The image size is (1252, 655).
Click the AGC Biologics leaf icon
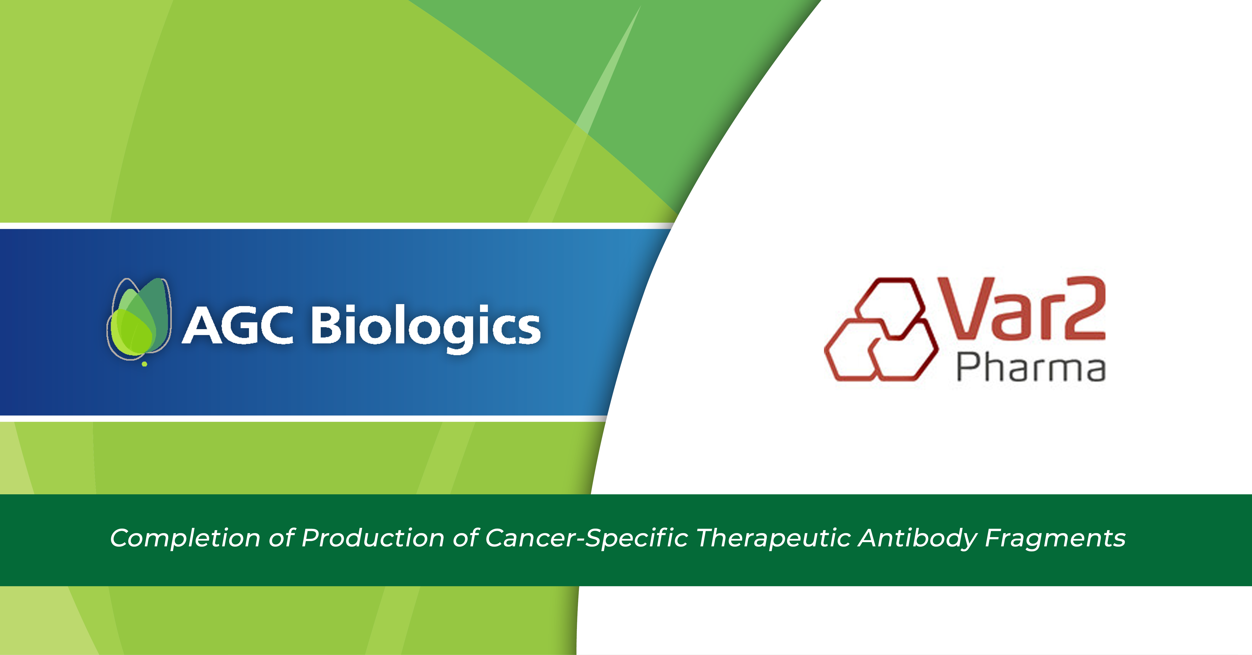[x=139, y=318]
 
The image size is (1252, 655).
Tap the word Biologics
[x=425, y=326]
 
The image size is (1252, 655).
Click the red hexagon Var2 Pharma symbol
[x=881, y=329]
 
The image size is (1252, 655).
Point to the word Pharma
[x=1030, y=368]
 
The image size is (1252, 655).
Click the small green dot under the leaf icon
[x=144, y=364]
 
